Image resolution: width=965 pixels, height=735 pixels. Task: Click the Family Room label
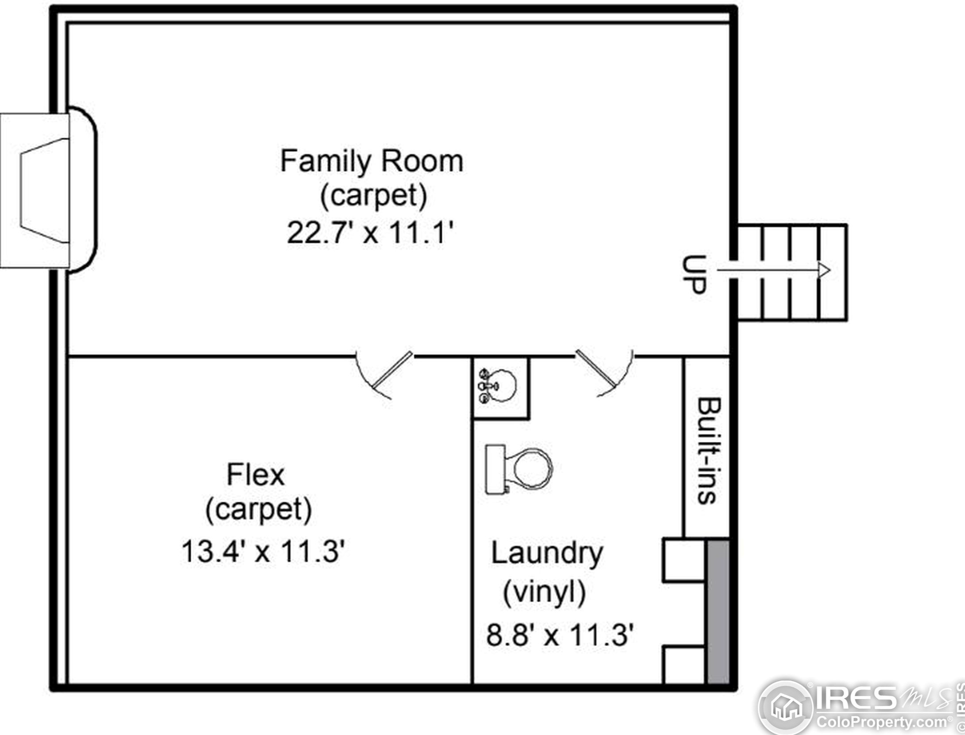[x=372, y=161]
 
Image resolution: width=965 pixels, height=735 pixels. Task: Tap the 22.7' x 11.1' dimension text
[x=370, y=232]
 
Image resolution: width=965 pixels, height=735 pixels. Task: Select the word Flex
[x=256, y=475]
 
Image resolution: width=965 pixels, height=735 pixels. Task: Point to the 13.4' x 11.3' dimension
[x=263, y=551]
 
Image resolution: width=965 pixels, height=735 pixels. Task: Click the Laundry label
[x=547, y=554]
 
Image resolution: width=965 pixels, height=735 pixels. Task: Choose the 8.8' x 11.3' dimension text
[x=560, y=634]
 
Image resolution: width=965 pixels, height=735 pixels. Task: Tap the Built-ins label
[x=709, y=451]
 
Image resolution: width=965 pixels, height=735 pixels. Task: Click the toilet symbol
[x=519, y=469]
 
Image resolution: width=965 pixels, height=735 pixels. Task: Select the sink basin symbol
[x=498, y=386]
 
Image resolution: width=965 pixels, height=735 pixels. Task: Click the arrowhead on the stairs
[x=824, y=270]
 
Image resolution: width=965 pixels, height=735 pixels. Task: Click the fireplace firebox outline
[x=45, y=190]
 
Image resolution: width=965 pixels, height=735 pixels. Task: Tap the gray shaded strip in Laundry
[x=717, y=611]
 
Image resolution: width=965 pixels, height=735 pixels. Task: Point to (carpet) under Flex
[x=259, y=509]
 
